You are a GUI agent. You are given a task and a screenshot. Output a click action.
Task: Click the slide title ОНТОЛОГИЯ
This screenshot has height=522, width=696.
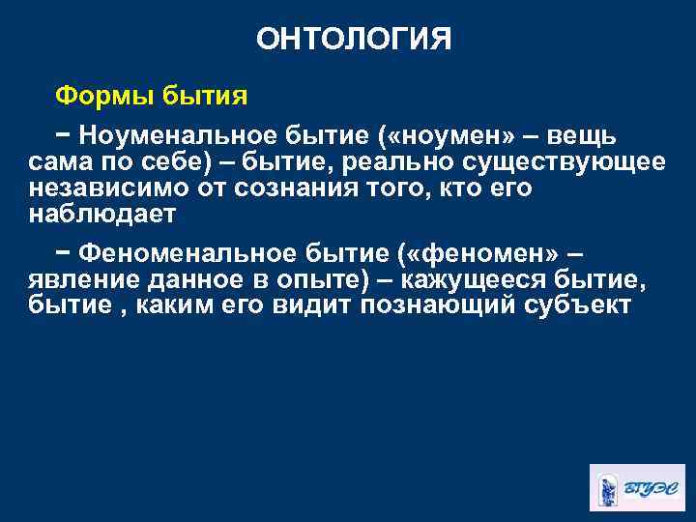coord(354,39)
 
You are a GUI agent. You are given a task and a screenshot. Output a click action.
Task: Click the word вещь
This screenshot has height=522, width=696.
coord(577,135)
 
